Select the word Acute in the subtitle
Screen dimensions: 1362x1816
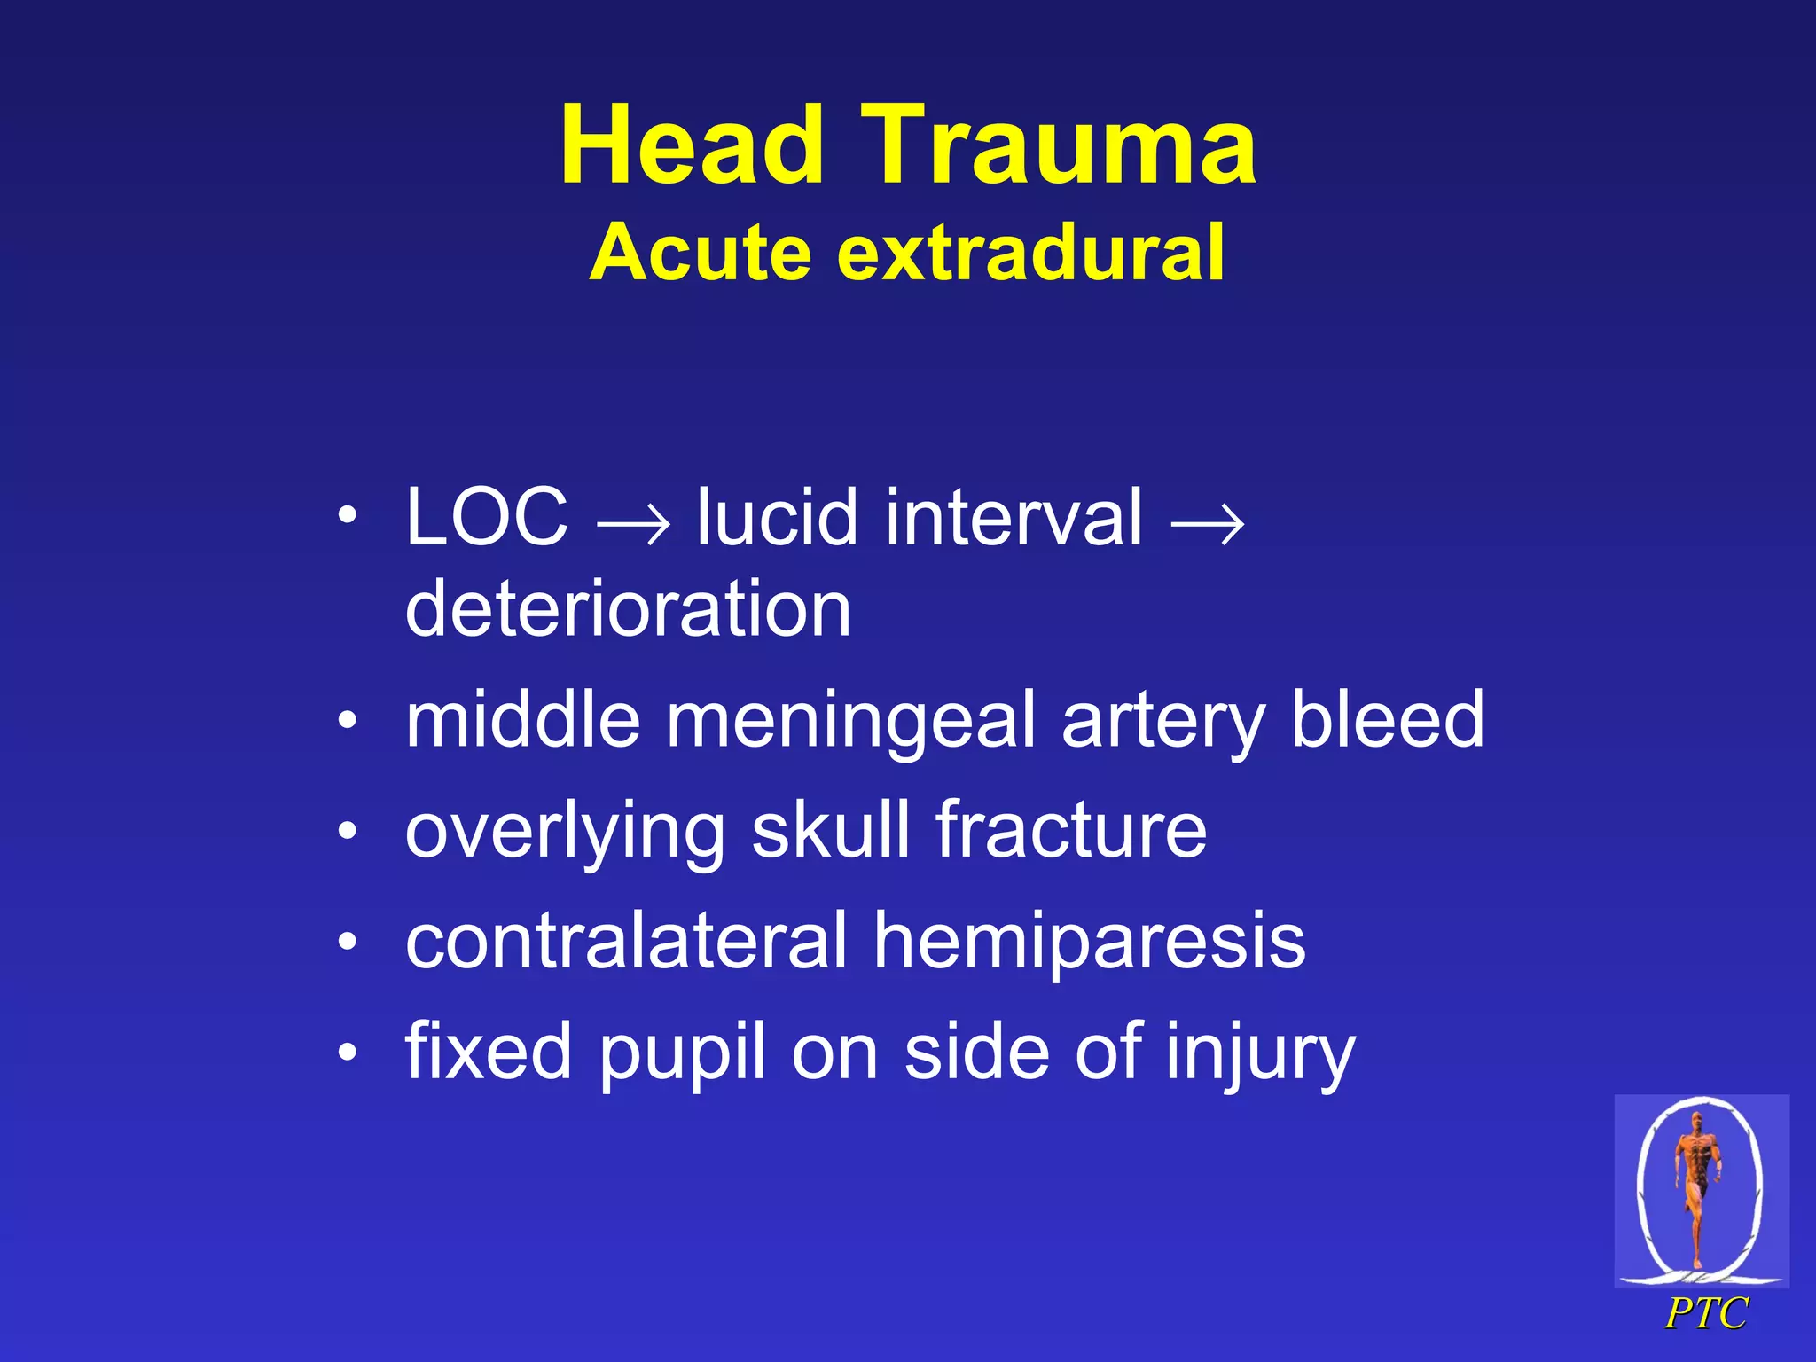(x=701, y=253)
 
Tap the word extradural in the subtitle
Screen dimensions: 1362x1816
(x=1030, y=253)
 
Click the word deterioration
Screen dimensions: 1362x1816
(x=628, y=609)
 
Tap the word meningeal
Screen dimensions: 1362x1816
(x=850, y=720)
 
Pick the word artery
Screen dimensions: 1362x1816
(x=1162, y=720)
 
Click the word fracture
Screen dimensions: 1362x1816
(x=1071, y=830)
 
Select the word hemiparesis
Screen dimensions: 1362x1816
(x=1089, y=942)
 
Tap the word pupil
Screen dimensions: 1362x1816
(x=682, y=1053)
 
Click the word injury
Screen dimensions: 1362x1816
(x=1260, y=1053)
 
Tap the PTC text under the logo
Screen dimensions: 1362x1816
(x=1705, y=1313)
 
